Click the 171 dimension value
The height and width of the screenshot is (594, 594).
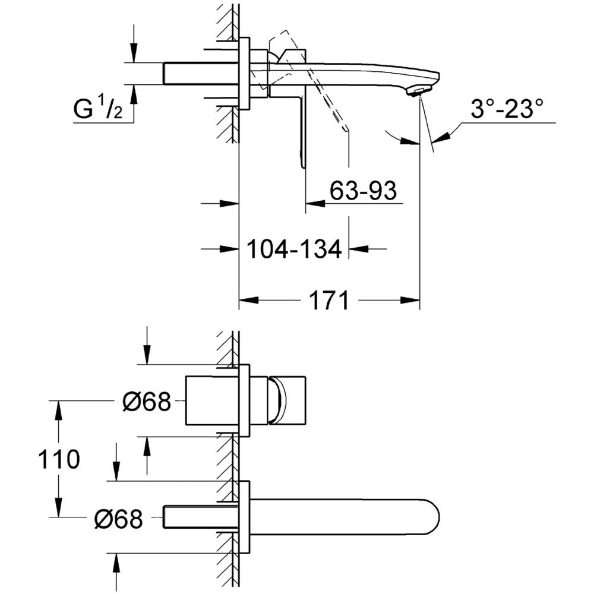tap(328, 301)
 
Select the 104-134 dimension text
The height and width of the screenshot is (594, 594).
tap(295, 249)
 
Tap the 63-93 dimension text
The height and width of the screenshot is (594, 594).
tap(363, 190)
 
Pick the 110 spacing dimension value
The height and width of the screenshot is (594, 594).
tap(59, 459)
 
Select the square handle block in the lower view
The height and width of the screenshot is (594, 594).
tap(287, 400)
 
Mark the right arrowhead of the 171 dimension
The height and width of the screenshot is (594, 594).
tap(410, 300)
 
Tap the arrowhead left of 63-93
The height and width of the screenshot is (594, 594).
tap(315, 204)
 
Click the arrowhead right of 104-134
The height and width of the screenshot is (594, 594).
tap(359, 249)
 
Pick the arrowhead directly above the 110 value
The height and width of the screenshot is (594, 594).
tap(58, 410)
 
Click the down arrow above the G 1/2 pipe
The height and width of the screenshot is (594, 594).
tap(133, 52)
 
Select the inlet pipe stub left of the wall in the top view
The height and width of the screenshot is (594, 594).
tap(201, 73)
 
